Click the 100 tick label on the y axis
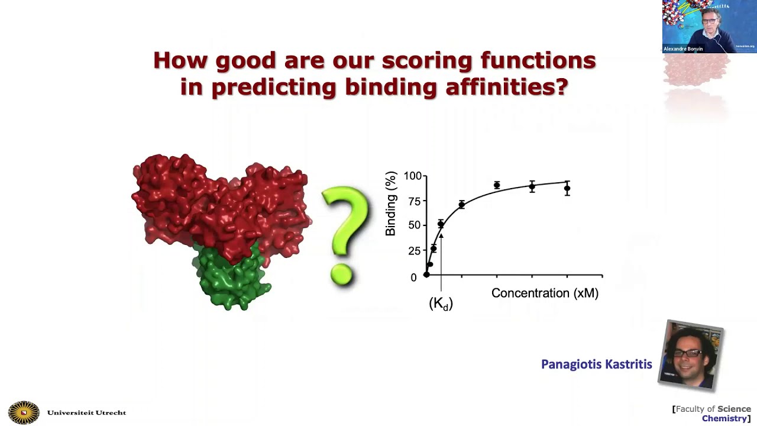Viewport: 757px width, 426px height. (x=412, y=176)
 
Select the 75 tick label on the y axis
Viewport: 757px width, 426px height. (x=414, y=202)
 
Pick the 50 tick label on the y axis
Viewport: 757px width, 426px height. (x=414, y=225)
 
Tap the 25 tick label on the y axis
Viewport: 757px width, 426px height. (x=414, y=251)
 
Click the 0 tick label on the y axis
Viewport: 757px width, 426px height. (x=413, y=277)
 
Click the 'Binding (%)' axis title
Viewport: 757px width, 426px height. (x=391, y=204)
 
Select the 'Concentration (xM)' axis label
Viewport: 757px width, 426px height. (x=545, y=293)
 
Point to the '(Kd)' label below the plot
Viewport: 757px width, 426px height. (x=441, y=304)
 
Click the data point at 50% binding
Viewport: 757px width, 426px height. (x=441, y=224)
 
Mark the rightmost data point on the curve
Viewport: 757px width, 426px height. (x=567, y=189)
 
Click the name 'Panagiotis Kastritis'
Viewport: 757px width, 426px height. (x=596, y=364)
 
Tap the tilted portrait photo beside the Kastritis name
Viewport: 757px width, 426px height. (x=691, y=355)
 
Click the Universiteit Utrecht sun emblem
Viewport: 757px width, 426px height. (x=24, y=412)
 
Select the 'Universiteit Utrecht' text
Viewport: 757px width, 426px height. (x=86, y=413)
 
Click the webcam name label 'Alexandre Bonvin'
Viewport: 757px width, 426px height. (x=683, y=49)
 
